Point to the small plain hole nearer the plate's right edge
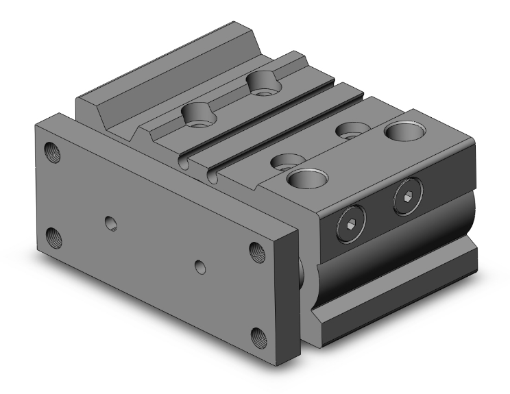(x=199, y=265)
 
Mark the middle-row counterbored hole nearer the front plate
(x=282, y=162)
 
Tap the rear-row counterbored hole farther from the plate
(x=263, y=82)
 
